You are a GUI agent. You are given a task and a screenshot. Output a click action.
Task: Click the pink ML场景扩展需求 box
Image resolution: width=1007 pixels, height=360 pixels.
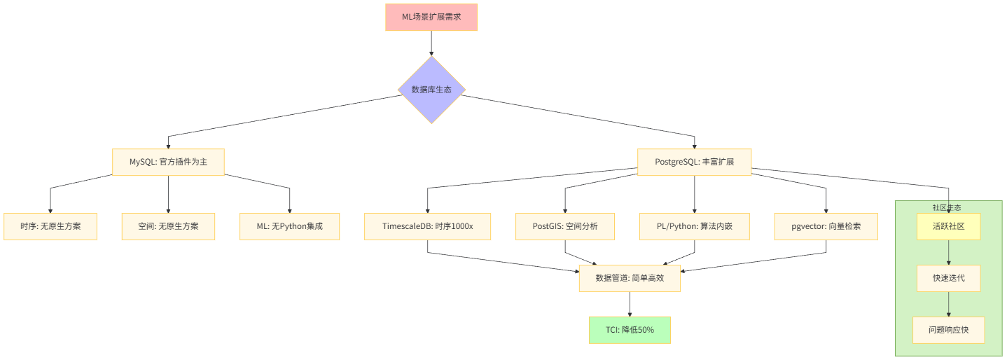431,17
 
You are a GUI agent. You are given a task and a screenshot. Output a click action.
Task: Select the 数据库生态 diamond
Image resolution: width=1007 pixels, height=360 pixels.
431,90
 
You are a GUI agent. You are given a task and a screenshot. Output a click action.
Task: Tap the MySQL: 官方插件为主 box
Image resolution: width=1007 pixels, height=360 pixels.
168,162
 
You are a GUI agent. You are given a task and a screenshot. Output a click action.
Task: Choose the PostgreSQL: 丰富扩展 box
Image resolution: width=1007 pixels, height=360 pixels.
694,162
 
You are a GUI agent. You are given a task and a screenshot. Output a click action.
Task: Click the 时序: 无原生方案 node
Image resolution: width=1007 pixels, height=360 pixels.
50,226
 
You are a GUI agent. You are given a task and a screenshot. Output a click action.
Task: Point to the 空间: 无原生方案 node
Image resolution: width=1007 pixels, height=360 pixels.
168,226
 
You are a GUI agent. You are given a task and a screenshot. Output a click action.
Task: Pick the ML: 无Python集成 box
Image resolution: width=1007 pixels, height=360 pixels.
289,226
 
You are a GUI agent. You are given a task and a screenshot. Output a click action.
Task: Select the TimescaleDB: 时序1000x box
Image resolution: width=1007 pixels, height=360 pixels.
428,226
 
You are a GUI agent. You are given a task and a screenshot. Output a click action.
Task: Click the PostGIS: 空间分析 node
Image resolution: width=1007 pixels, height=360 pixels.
565,226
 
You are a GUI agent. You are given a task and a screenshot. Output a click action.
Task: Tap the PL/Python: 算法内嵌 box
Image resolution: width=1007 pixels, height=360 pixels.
695,226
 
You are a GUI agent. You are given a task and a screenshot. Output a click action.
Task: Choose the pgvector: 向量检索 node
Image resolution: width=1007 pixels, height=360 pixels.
826,226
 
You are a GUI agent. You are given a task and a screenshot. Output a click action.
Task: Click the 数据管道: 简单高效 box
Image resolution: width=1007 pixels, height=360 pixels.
630,278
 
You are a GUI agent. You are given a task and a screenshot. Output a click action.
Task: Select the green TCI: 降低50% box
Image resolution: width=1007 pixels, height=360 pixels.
630,330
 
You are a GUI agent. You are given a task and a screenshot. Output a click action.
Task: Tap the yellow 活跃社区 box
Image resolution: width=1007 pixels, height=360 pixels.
949,226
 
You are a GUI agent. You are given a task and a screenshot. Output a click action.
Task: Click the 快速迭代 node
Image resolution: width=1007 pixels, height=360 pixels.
949,278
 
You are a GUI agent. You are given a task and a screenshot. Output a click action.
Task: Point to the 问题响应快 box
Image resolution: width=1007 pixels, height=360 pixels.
949,330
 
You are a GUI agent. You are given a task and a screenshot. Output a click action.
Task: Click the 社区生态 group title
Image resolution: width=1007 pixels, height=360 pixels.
946,207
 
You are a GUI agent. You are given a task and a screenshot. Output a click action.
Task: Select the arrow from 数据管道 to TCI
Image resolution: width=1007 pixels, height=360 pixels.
630,304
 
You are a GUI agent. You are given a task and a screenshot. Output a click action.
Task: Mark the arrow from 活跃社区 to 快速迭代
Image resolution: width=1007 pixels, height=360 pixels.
949,252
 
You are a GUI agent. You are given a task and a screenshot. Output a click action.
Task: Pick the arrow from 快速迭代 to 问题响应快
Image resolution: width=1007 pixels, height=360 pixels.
949,304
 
